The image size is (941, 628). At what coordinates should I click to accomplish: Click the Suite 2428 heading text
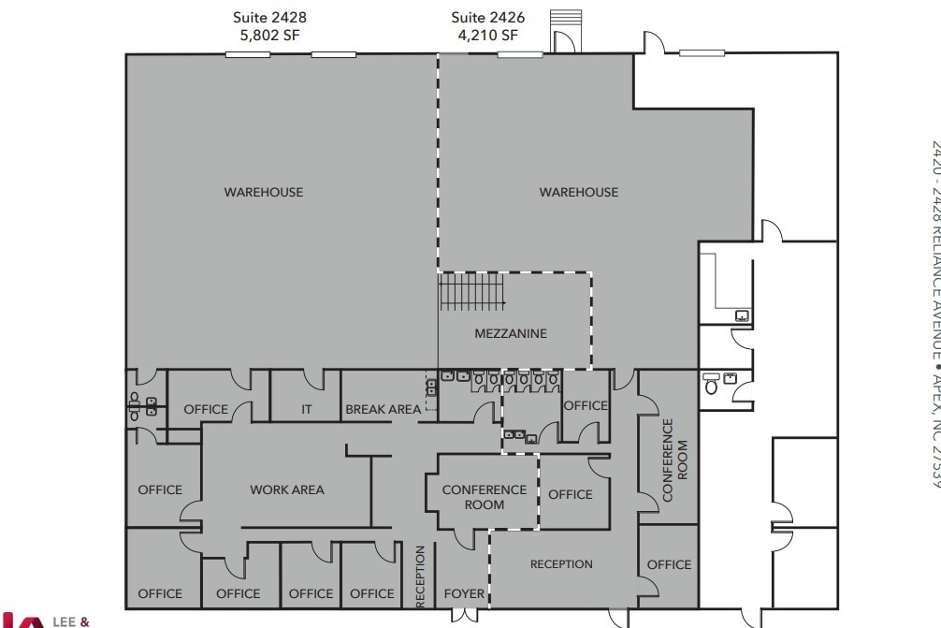269,17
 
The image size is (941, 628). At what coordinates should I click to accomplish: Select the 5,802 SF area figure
269,37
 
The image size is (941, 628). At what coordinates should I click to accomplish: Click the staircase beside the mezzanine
472,291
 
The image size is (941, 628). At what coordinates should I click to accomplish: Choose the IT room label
307,409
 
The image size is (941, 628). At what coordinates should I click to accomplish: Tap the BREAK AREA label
384,409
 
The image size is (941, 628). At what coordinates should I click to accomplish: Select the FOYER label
464,593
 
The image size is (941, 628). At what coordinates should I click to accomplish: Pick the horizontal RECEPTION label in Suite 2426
561,563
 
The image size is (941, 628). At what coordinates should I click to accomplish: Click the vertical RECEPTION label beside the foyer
420,577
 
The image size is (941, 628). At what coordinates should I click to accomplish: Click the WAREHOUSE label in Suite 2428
264,192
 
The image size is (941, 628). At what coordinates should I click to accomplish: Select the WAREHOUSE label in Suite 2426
579,192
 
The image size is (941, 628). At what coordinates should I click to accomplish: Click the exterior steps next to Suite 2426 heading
566,21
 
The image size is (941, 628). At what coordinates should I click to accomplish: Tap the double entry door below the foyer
464,615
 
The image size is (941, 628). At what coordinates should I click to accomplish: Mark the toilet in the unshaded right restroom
711,387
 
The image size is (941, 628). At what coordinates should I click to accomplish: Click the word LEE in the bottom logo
65,620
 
